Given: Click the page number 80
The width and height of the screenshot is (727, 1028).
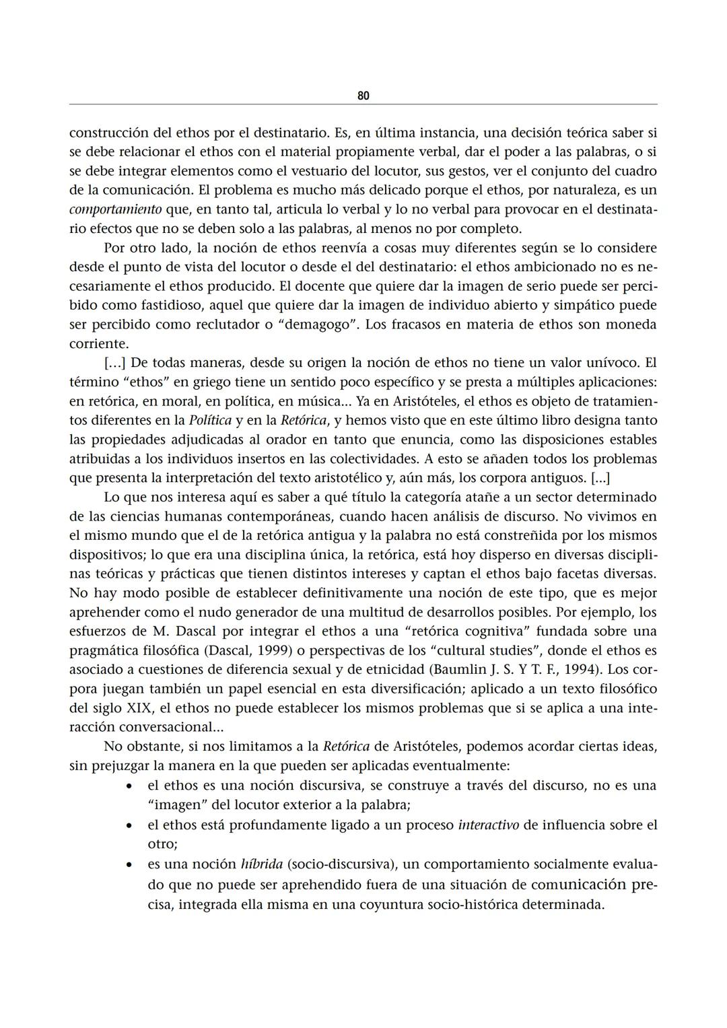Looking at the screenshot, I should point(363,96).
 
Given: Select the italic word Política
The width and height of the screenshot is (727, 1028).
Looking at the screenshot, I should point(210,421).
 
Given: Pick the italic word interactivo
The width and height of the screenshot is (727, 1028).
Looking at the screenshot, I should point(488,825).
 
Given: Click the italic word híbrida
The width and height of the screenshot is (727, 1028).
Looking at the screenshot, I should point(261,864).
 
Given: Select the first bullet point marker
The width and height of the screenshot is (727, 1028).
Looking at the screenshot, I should point(129,786).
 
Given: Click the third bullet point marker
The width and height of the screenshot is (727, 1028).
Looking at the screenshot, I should point(129,864).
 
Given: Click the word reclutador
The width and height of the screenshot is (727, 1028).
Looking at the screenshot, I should point(223,324).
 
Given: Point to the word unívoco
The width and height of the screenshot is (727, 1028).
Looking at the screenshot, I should point(613,363).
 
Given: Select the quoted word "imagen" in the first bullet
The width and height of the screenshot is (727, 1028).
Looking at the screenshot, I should point(174,805).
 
